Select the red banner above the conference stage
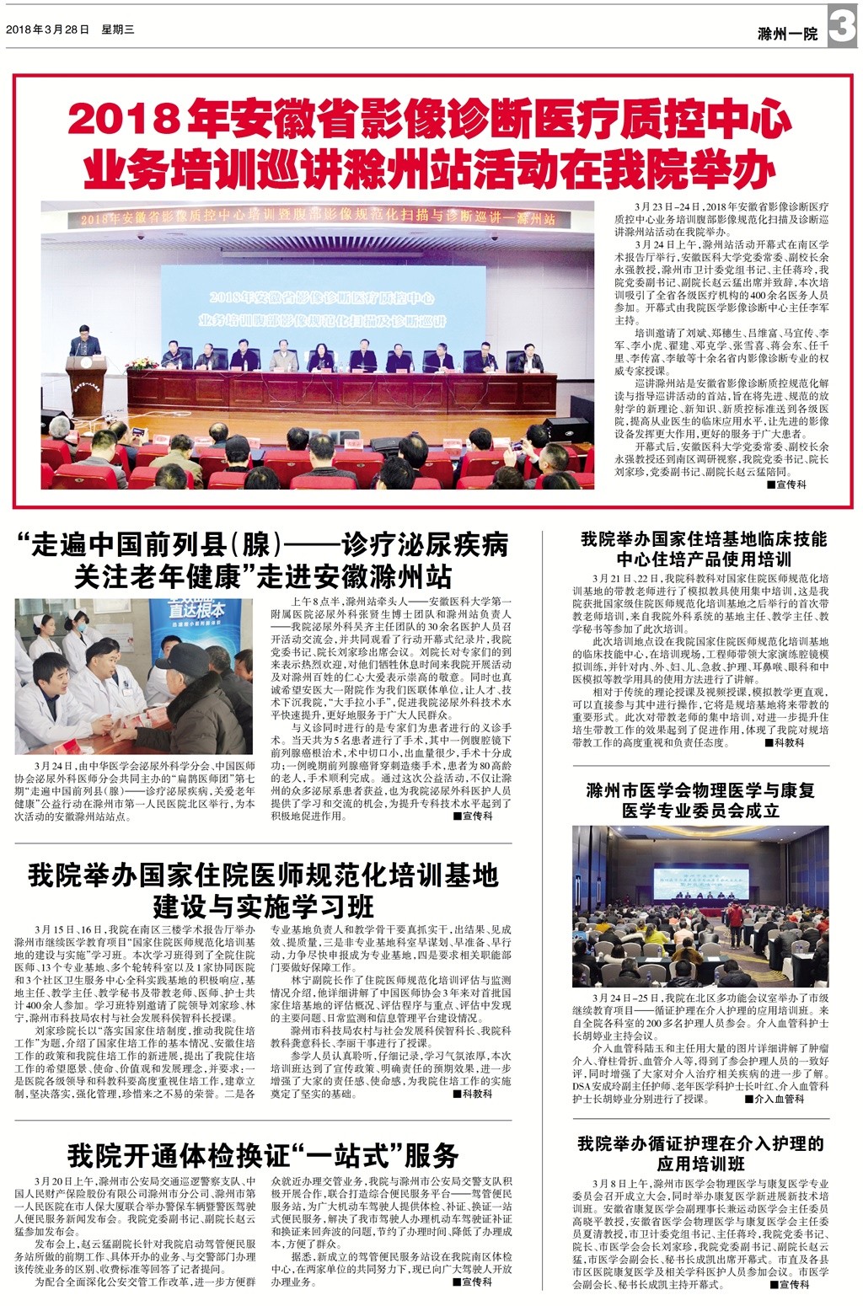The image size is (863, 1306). (x=319, y=218)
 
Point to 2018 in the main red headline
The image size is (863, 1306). (x=124, y=120)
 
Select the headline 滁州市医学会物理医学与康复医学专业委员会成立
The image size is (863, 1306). (x=700, y=800)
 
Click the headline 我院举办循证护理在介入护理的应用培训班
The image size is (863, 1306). (x=700, y=1153)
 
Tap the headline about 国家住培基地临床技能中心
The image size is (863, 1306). (x=704, y=549)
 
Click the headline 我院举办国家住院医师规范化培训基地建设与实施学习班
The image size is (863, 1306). (x=263, y=890)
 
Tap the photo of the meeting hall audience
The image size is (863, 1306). (x=700, y=906)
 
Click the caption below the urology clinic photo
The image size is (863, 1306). (x=134, y=791)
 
